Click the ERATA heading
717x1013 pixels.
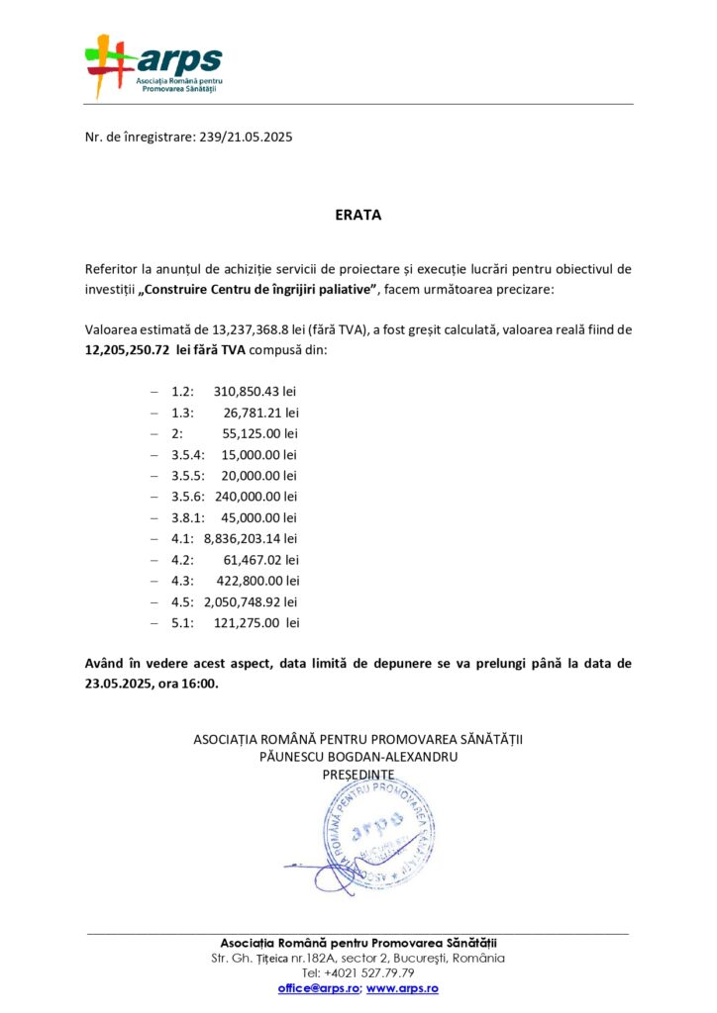(358, 215)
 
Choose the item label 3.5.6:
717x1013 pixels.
(187, 497)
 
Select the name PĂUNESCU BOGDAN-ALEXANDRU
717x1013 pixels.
(358, 756)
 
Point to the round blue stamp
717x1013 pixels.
(377, 836)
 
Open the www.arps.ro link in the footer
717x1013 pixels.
(402, 988)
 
